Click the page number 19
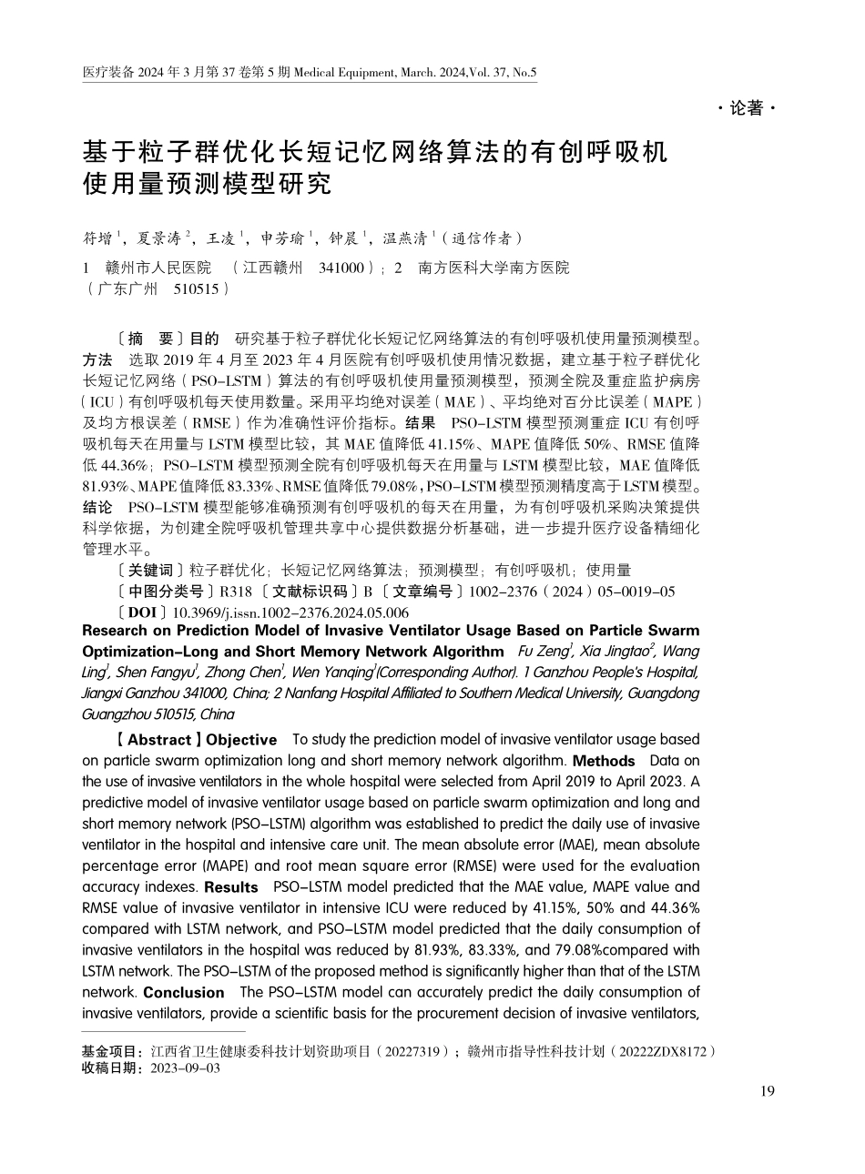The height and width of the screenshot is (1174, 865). click(x=767, y=1091)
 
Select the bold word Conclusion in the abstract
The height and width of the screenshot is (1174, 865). click(x=184, y=992)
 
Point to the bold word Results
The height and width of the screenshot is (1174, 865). click(x=231, y=886)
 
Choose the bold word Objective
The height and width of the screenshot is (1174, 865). click(x=240, y=739)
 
